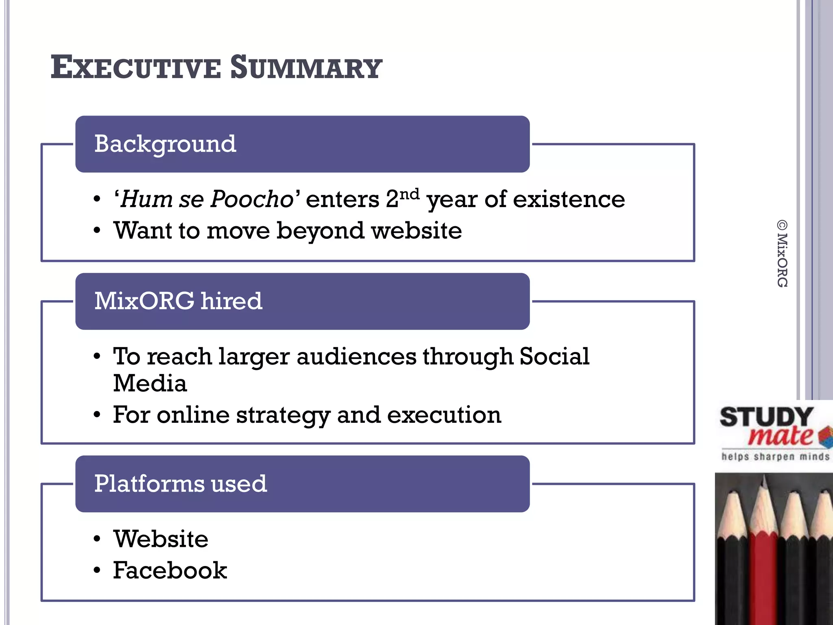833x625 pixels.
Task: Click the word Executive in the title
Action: tap(135, 68)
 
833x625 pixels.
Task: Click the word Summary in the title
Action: tap(306, 68)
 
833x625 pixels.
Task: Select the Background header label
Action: tap(165, 144)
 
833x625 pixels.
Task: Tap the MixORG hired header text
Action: tap(178, 301)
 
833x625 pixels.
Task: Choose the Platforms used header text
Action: tap(180, 484)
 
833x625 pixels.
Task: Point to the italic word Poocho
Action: tap(252, 199)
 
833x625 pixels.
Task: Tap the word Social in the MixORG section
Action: tap(554, 356)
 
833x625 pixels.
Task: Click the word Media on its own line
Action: tap(150, 383)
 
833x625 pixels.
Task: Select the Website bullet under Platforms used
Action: tap(161, 539)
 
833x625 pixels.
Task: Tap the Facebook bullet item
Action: tap(170, 570)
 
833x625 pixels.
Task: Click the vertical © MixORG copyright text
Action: tap(782, 254)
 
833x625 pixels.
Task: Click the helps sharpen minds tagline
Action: tap(775, 457)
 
